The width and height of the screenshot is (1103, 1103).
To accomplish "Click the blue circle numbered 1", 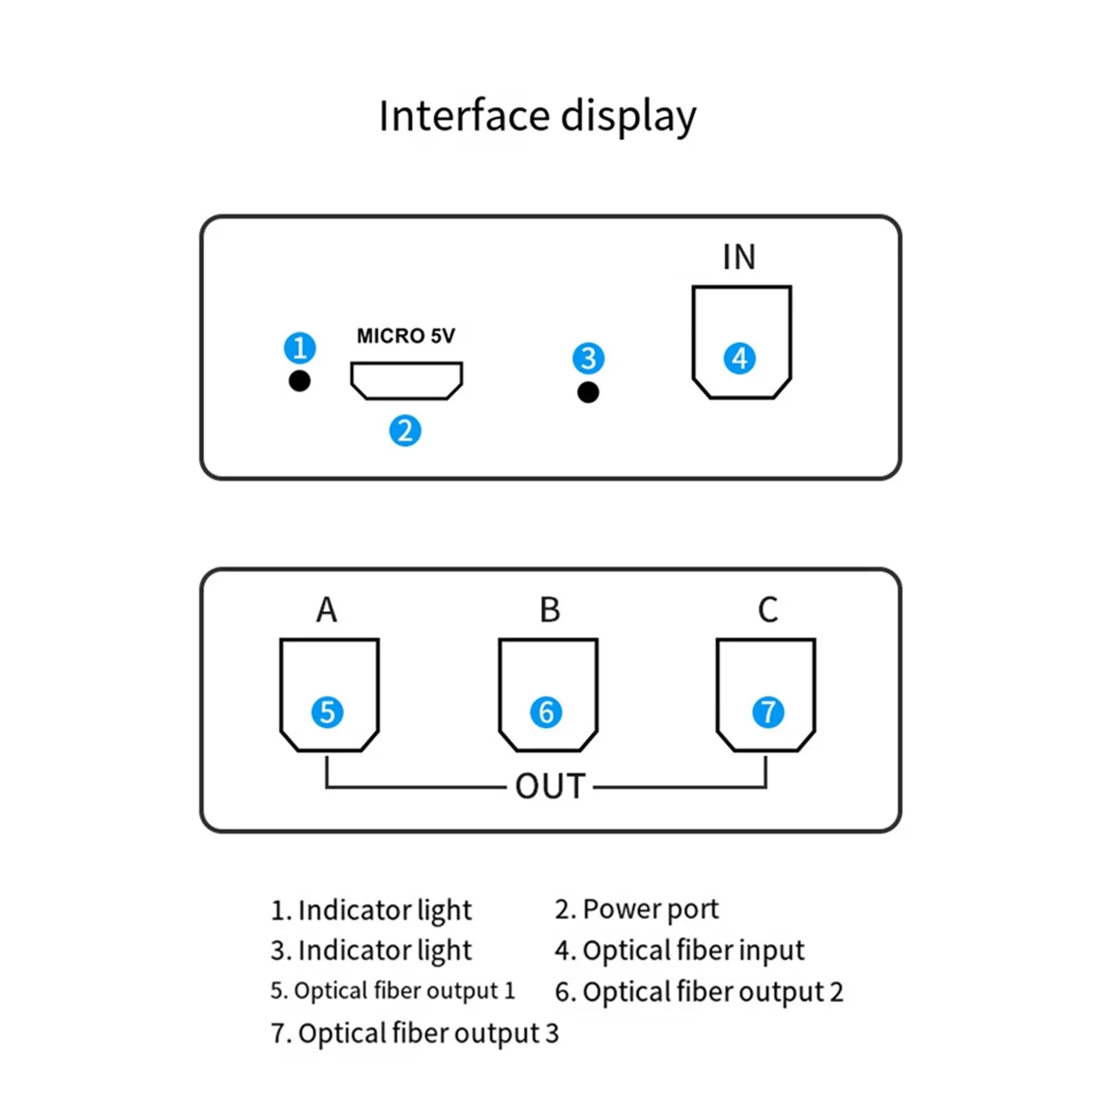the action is [300, 347].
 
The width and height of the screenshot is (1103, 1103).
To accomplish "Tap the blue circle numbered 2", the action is [404, 430].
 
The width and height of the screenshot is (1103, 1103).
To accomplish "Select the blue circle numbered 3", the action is [588, 358].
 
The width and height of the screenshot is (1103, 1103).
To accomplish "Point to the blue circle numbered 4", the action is [739, 358].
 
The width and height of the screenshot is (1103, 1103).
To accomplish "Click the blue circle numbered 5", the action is [327, 712].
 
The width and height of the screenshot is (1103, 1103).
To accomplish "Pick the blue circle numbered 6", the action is [545, 712].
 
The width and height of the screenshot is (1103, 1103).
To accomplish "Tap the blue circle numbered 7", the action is [768, 712].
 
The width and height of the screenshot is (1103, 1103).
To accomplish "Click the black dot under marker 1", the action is [300, 381].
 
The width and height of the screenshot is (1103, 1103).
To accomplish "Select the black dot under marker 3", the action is [588, 392].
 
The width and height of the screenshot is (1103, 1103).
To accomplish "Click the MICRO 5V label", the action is [406, 335].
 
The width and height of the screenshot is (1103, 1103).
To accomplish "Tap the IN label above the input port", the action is [739, 256].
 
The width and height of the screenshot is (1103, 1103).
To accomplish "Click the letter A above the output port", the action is [327, 609].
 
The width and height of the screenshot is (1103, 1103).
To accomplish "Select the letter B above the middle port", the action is [550, 609].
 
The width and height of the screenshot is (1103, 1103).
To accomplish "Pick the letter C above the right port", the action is [768, 609].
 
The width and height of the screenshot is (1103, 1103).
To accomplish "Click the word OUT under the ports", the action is [550, 786].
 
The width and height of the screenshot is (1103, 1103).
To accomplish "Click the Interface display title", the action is [538, 117].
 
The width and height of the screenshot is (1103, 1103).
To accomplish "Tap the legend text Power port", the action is [650, 910].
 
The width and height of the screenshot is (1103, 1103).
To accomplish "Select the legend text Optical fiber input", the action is [693, 950].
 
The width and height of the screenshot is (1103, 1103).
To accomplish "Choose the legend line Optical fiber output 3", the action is [415, 1034].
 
